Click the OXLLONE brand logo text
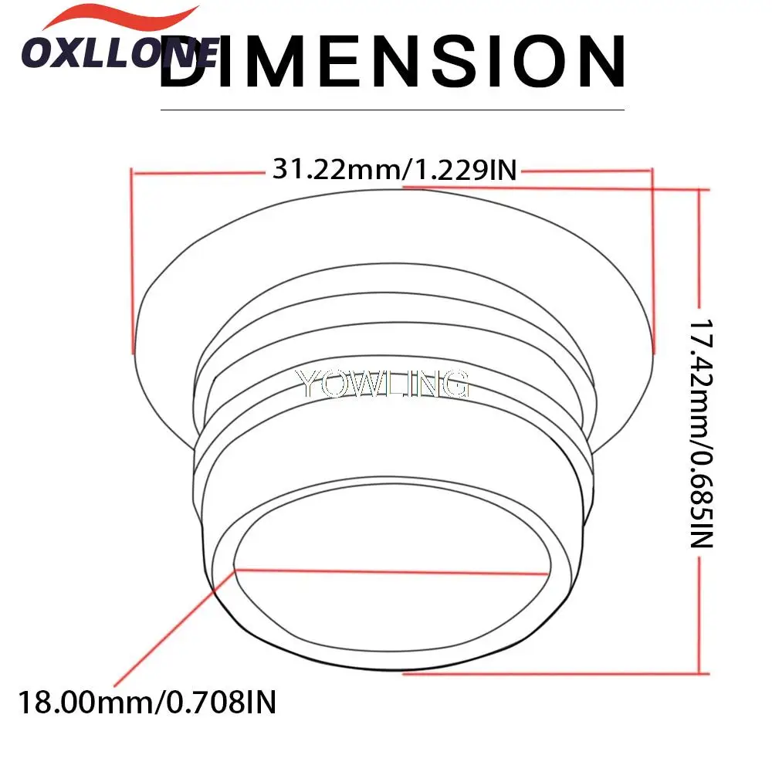tap(120, 52)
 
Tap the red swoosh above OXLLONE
tap(120, 19)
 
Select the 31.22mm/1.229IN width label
tap(394, 169)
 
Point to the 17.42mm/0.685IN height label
tap(701, 433)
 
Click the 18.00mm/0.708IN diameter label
tap(147, 702)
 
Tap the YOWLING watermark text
tap(382, 383)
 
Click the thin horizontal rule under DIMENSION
tap(392, 110)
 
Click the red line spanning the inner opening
tap(391, 572)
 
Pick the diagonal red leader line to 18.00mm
tap(174, 628)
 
